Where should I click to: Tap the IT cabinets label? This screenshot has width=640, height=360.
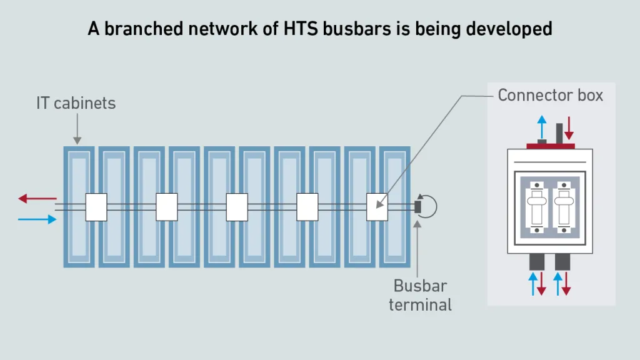click(76, 103)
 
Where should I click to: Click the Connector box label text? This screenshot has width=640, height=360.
click(551, 95)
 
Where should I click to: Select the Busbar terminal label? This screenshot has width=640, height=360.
click(420, 295)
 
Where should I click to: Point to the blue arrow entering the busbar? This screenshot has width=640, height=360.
click(36, 219)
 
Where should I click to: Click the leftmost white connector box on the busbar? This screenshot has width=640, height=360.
click(96, 207)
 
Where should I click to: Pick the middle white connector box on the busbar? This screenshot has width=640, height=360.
click(237, 207)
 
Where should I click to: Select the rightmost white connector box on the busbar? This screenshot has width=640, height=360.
click(377, 207)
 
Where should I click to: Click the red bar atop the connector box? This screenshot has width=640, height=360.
click(551, 146)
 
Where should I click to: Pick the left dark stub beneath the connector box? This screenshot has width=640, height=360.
click(536, 261)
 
